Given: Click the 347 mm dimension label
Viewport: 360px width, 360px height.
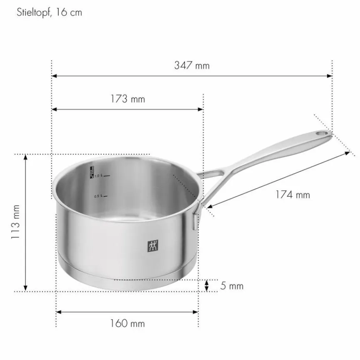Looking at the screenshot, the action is point(192,66).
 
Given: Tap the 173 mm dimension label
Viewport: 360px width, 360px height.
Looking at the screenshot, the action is point(128,99).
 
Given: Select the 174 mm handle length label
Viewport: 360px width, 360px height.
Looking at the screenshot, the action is point(293,195).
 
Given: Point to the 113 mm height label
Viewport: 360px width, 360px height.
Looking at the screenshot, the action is point(16,222).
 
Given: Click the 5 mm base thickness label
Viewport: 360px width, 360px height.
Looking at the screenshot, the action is point(232,286).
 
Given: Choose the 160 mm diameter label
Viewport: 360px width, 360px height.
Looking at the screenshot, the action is point(128,324).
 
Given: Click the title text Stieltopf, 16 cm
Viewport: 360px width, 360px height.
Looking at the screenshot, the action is point(49,12).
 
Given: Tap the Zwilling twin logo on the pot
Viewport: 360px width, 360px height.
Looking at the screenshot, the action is point(153,246).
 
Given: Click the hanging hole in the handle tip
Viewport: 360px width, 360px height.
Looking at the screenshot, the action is point(321,133).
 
